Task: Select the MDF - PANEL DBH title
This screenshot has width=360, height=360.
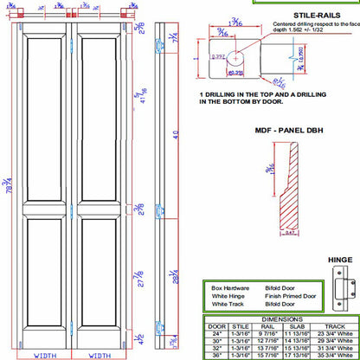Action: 288,131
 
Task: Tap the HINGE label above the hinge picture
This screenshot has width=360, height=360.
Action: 340,260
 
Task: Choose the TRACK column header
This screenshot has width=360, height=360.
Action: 333,325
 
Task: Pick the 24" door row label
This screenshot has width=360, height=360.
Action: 217,332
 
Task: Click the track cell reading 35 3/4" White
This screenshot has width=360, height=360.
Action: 334,355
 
